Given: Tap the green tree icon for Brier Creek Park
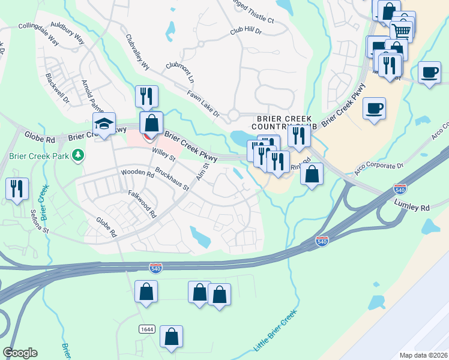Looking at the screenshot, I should coord(77,156).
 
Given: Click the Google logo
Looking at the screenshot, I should coord(20,353).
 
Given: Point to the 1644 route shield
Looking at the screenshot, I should coord(146,329).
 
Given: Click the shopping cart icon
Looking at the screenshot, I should coord(401,29).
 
